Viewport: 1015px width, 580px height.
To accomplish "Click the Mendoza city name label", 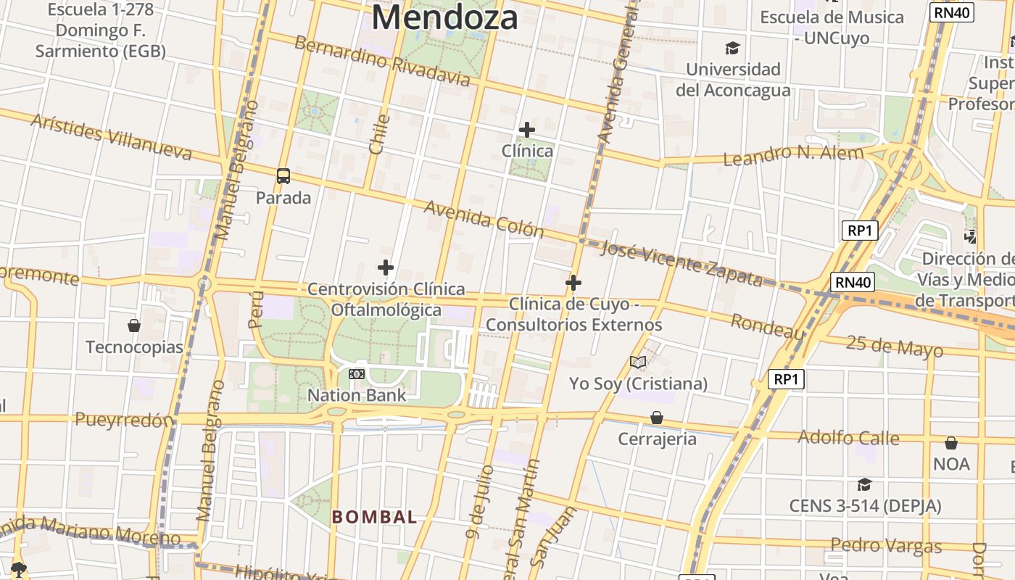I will (444, 18).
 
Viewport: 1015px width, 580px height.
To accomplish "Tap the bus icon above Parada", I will (283, 175).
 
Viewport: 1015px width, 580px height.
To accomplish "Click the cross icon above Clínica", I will (527, 130).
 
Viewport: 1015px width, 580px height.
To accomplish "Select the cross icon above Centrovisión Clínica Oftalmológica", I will (386, 268).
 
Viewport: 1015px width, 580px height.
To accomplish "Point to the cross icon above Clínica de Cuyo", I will (573, 282).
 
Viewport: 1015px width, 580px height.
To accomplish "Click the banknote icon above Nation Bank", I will (356, 374).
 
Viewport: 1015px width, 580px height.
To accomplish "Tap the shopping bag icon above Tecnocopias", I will (134, 325).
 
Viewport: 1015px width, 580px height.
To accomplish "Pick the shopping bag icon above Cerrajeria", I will (657, 418).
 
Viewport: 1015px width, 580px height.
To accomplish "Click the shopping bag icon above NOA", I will (951, 442).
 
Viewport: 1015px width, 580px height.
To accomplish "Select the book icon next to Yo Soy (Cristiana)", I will (638, 362).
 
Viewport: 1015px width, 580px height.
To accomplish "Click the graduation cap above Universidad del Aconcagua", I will (733, 49).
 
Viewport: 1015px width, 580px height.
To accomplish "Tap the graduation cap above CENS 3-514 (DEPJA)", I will (864, 484).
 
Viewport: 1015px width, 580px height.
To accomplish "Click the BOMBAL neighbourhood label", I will (374, 517).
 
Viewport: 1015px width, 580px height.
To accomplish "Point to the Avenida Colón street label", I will (484, 219).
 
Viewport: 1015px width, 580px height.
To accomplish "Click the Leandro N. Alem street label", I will (793, 154).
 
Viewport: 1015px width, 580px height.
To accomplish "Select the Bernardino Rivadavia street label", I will (383, 60).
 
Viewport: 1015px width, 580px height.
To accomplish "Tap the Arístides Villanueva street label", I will (111, 136).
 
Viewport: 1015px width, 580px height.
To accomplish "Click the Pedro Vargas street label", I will (886, 545).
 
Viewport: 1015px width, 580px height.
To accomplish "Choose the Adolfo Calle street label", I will (848, 438).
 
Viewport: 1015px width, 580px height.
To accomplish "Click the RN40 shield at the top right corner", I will (951, 12).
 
